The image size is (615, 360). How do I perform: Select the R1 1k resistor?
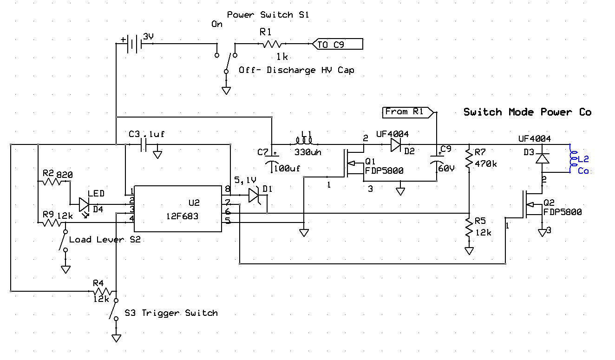click(271, 44)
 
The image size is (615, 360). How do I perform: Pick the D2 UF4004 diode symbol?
click(396, 144)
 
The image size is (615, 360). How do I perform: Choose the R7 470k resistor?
click(470, 158)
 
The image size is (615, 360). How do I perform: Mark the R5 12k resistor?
click(470, 227)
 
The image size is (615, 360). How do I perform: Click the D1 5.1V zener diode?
click(254, 195)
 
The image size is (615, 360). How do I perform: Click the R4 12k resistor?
click(101, 292)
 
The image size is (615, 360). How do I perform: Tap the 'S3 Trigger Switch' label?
click(171, 313)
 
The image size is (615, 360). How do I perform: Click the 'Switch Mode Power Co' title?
click(527, 112)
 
